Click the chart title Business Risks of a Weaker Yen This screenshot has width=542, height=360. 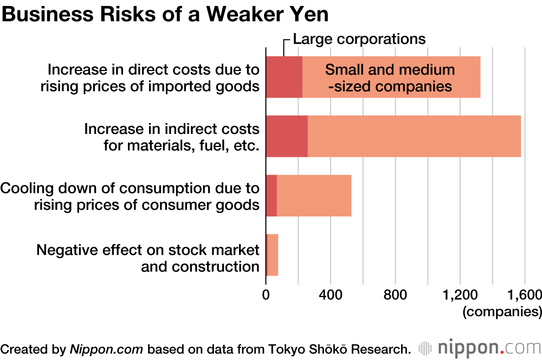pos(165,15)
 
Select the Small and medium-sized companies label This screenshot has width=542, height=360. pos(390,78)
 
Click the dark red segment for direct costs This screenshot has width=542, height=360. pos(284,77)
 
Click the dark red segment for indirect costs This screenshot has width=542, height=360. pos(287,137)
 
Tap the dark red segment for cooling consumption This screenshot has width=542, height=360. pos(272,196)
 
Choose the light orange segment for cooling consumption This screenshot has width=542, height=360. pos(314,196)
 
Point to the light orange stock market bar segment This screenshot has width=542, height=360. pos(273,255)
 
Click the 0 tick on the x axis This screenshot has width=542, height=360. pos(266,295)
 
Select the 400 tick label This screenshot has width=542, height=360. pos(330,295)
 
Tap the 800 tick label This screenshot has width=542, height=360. pos(395,295)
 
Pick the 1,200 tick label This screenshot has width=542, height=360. pos(460,295)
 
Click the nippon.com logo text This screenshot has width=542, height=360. pos(486,347)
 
